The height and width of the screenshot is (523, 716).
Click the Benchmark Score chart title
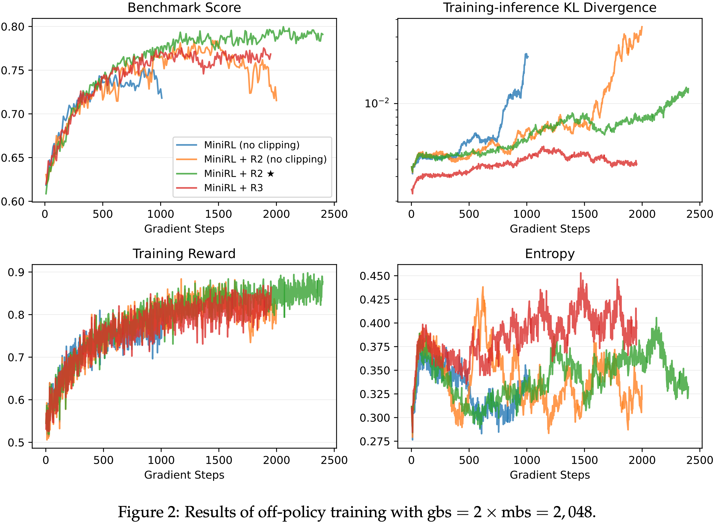coord(184,8)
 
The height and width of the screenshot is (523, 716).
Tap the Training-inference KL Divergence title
coord(549,8)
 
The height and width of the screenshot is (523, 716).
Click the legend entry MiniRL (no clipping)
coord(251,145)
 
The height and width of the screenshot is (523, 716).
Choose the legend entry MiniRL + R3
coord(233,188)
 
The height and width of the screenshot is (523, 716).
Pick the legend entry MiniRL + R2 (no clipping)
coord(265,159)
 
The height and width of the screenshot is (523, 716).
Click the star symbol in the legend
coord(271,174)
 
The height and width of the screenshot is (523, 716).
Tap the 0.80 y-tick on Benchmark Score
coord(13,27)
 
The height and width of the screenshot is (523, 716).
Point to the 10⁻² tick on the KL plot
coord(376,103)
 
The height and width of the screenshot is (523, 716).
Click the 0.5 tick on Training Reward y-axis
coord(16,443)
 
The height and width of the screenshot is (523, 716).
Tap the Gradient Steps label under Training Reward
coord(184,475)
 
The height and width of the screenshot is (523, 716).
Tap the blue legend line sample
coord(187,145)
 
